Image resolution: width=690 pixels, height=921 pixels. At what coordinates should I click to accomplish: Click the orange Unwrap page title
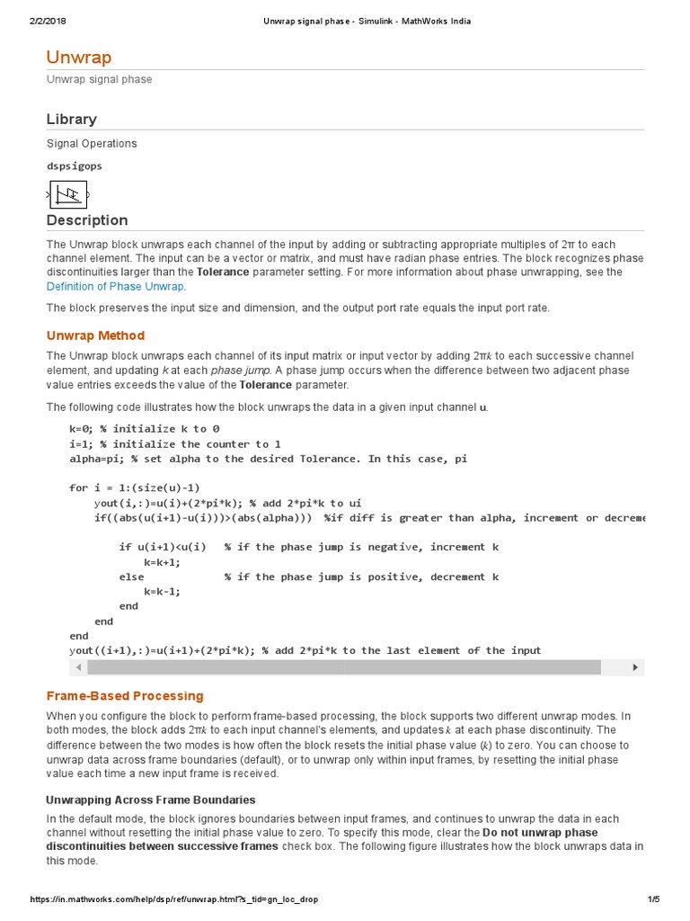click(x=79, y=58)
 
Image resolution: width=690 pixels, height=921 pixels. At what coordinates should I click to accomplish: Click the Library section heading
click(x=71, y=119)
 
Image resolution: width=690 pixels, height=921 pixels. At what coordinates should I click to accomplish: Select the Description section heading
click(x=87, y=220)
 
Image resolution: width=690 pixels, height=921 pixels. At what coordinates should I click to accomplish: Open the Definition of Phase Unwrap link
click(x=115, y=286)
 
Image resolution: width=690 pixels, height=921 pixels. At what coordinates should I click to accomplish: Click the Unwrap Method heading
click(x=95, y=335)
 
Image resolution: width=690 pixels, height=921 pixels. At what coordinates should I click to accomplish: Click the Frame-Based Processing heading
click(x=125, y=695)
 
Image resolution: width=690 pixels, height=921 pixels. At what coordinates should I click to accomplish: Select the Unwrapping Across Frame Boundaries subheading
click(x=150, y=800)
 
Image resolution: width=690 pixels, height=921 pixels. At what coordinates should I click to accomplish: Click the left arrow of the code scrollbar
click(x=78, y=667)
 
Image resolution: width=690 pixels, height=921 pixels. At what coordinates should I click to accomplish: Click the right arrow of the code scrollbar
click(x=635, y=667)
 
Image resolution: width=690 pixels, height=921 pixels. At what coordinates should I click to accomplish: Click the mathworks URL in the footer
click(x=173, y=899)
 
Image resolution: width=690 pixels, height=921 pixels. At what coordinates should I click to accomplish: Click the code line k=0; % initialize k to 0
click(x=144, y=429)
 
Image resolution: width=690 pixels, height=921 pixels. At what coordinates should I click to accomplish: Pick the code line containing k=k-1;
click(x=162, y=591)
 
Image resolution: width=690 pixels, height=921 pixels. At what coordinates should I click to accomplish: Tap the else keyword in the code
click(x=131, y=577)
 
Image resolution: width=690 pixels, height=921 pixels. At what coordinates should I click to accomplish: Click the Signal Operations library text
click(x=92, y=143)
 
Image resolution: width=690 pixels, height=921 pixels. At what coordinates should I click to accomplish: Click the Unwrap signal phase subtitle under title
click(x=99, y=79)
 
